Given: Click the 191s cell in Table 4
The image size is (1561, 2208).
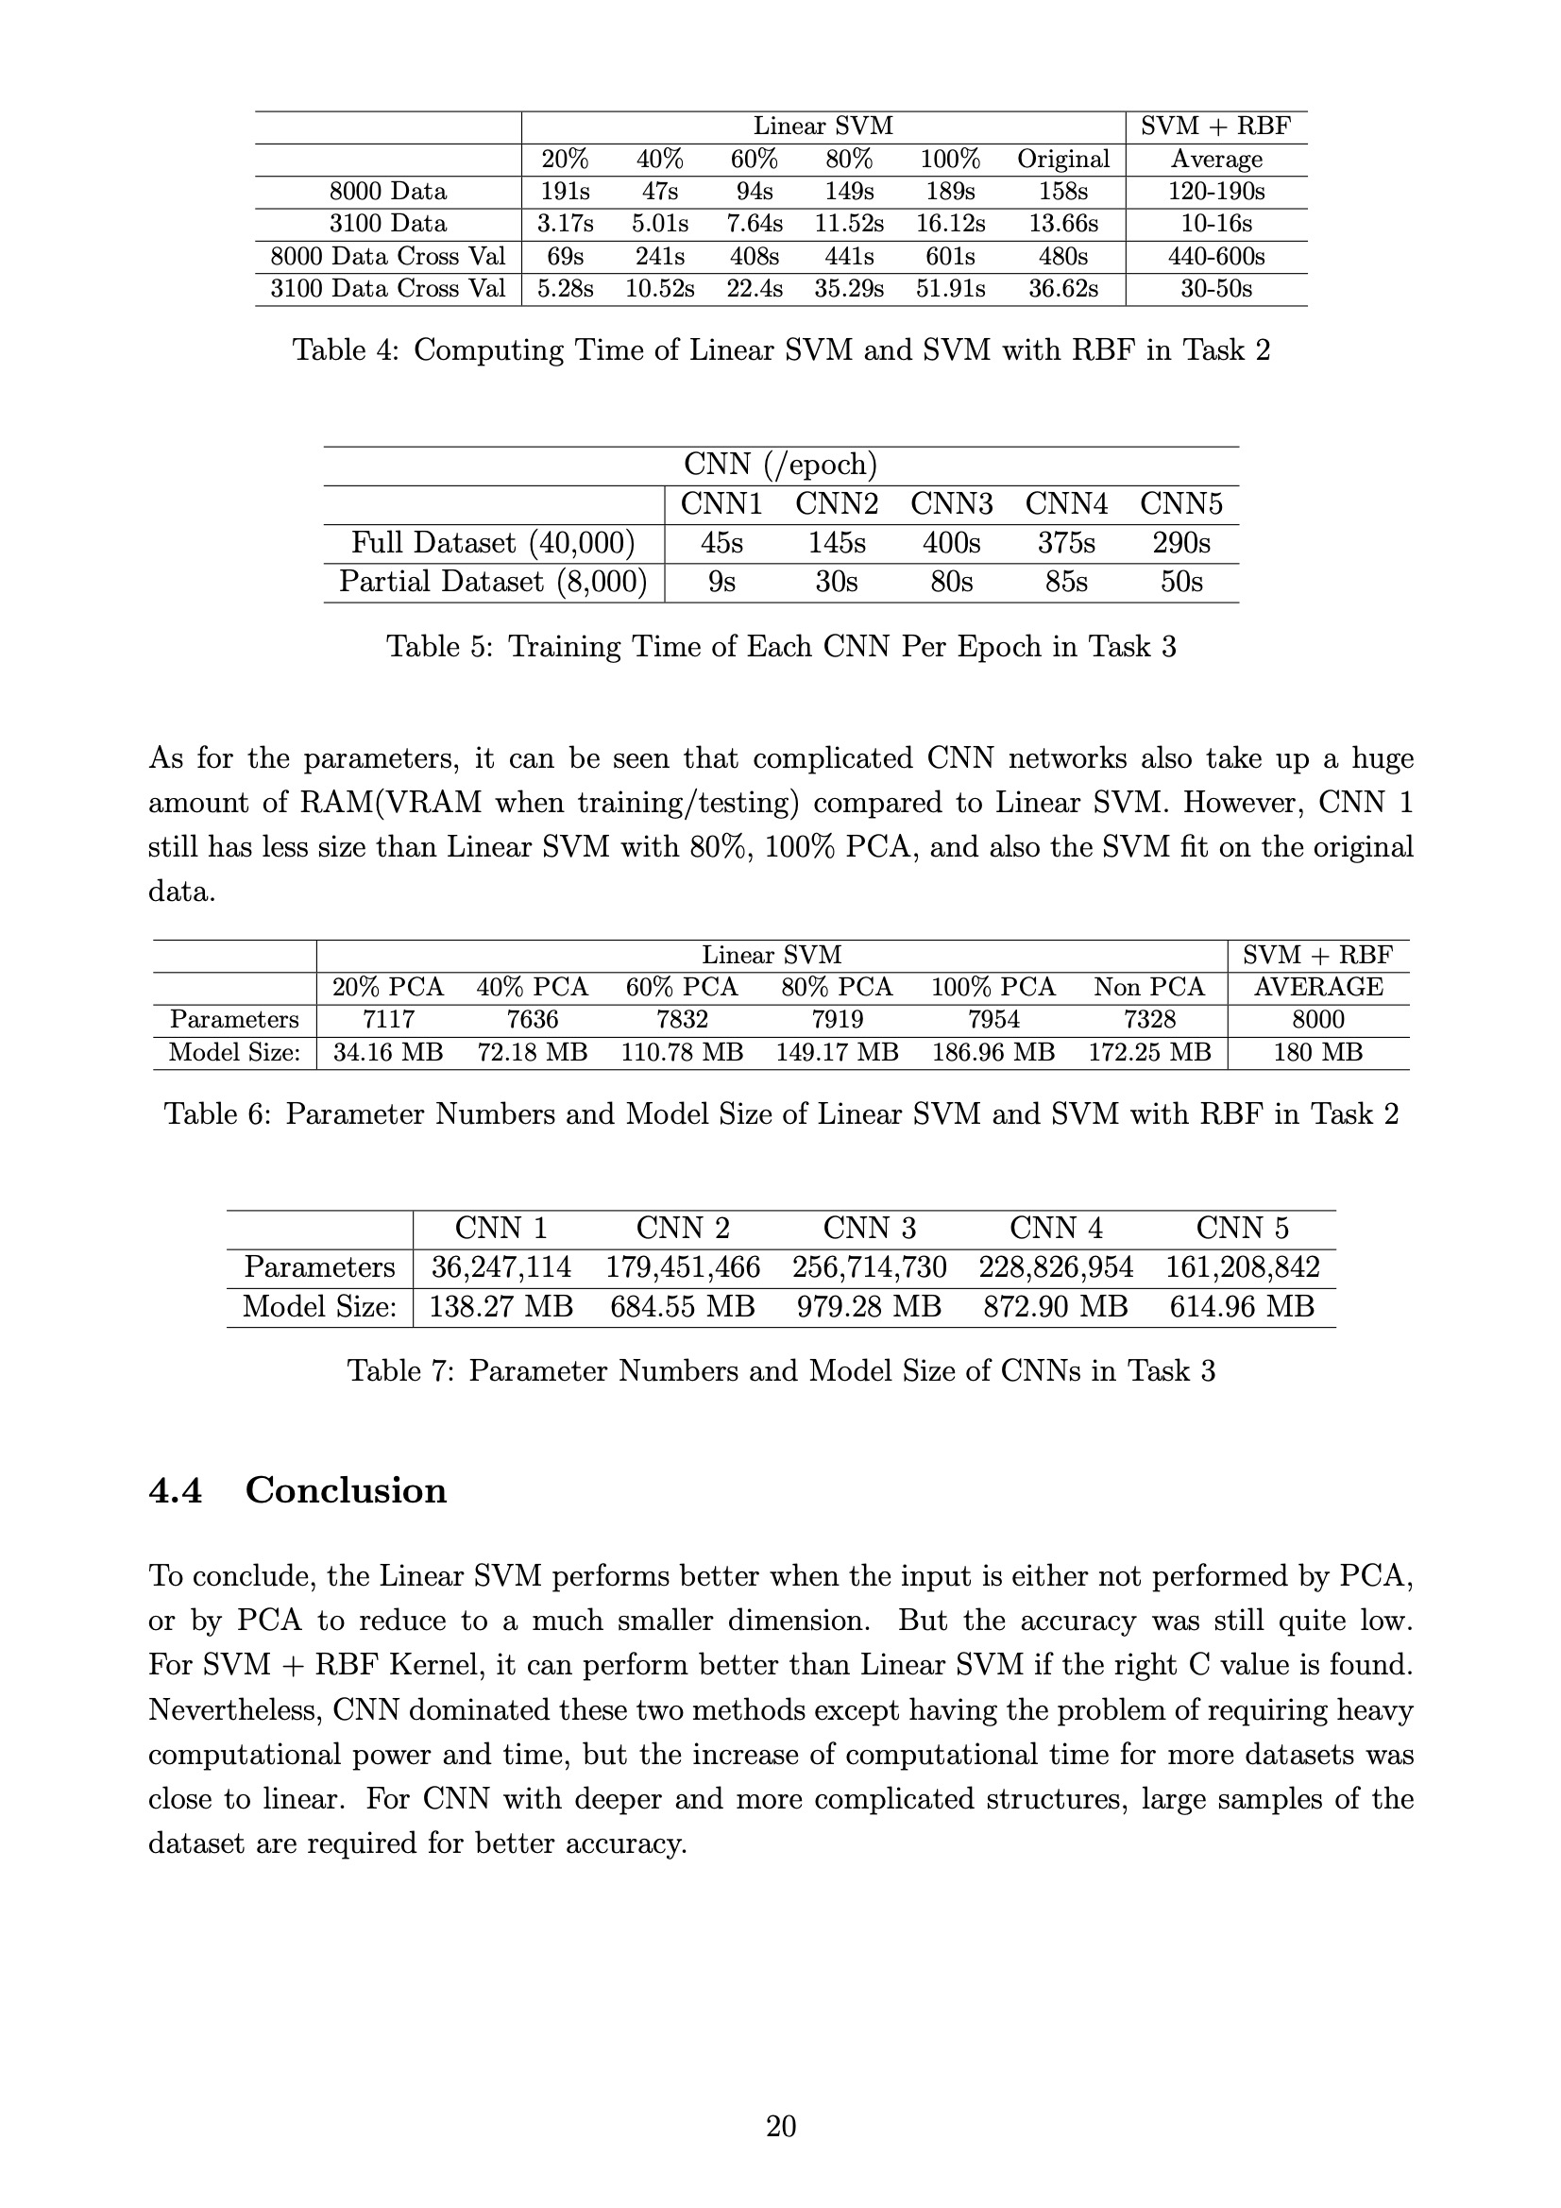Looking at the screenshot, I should click(565, 192).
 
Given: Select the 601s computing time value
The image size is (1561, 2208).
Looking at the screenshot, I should click(950, 257).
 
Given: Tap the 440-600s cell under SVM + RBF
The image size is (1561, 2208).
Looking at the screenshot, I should click(1215, 257).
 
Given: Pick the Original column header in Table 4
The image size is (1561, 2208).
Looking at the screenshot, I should click(1062, 159).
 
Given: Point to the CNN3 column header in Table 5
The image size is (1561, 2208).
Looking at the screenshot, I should click(951, 504).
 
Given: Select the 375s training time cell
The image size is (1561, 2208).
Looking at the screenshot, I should click(1065, 543).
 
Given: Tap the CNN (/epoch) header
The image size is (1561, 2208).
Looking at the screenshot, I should click(780, 466).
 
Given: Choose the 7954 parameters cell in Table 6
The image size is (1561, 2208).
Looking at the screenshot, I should click(993, 1019).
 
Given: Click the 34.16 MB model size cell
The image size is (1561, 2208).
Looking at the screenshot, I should click(387, 1052).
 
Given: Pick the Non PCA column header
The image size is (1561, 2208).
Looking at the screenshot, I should click(1148, 987).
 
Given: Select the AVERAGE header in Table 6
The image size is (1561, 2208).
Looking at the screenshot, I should click(1317, 987).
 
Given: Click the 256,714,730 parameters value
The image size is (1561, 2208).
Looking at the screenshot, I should click(870, 1267).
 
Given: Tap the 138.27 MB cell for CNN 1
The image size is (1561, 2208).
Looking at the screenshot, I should click(501, 1307).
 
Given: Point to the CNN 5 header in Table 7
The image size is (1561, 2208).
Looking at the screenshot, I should click(1242, 1228).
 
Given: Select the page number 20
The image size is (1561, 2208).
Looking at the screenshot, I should click(780, 2126).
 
